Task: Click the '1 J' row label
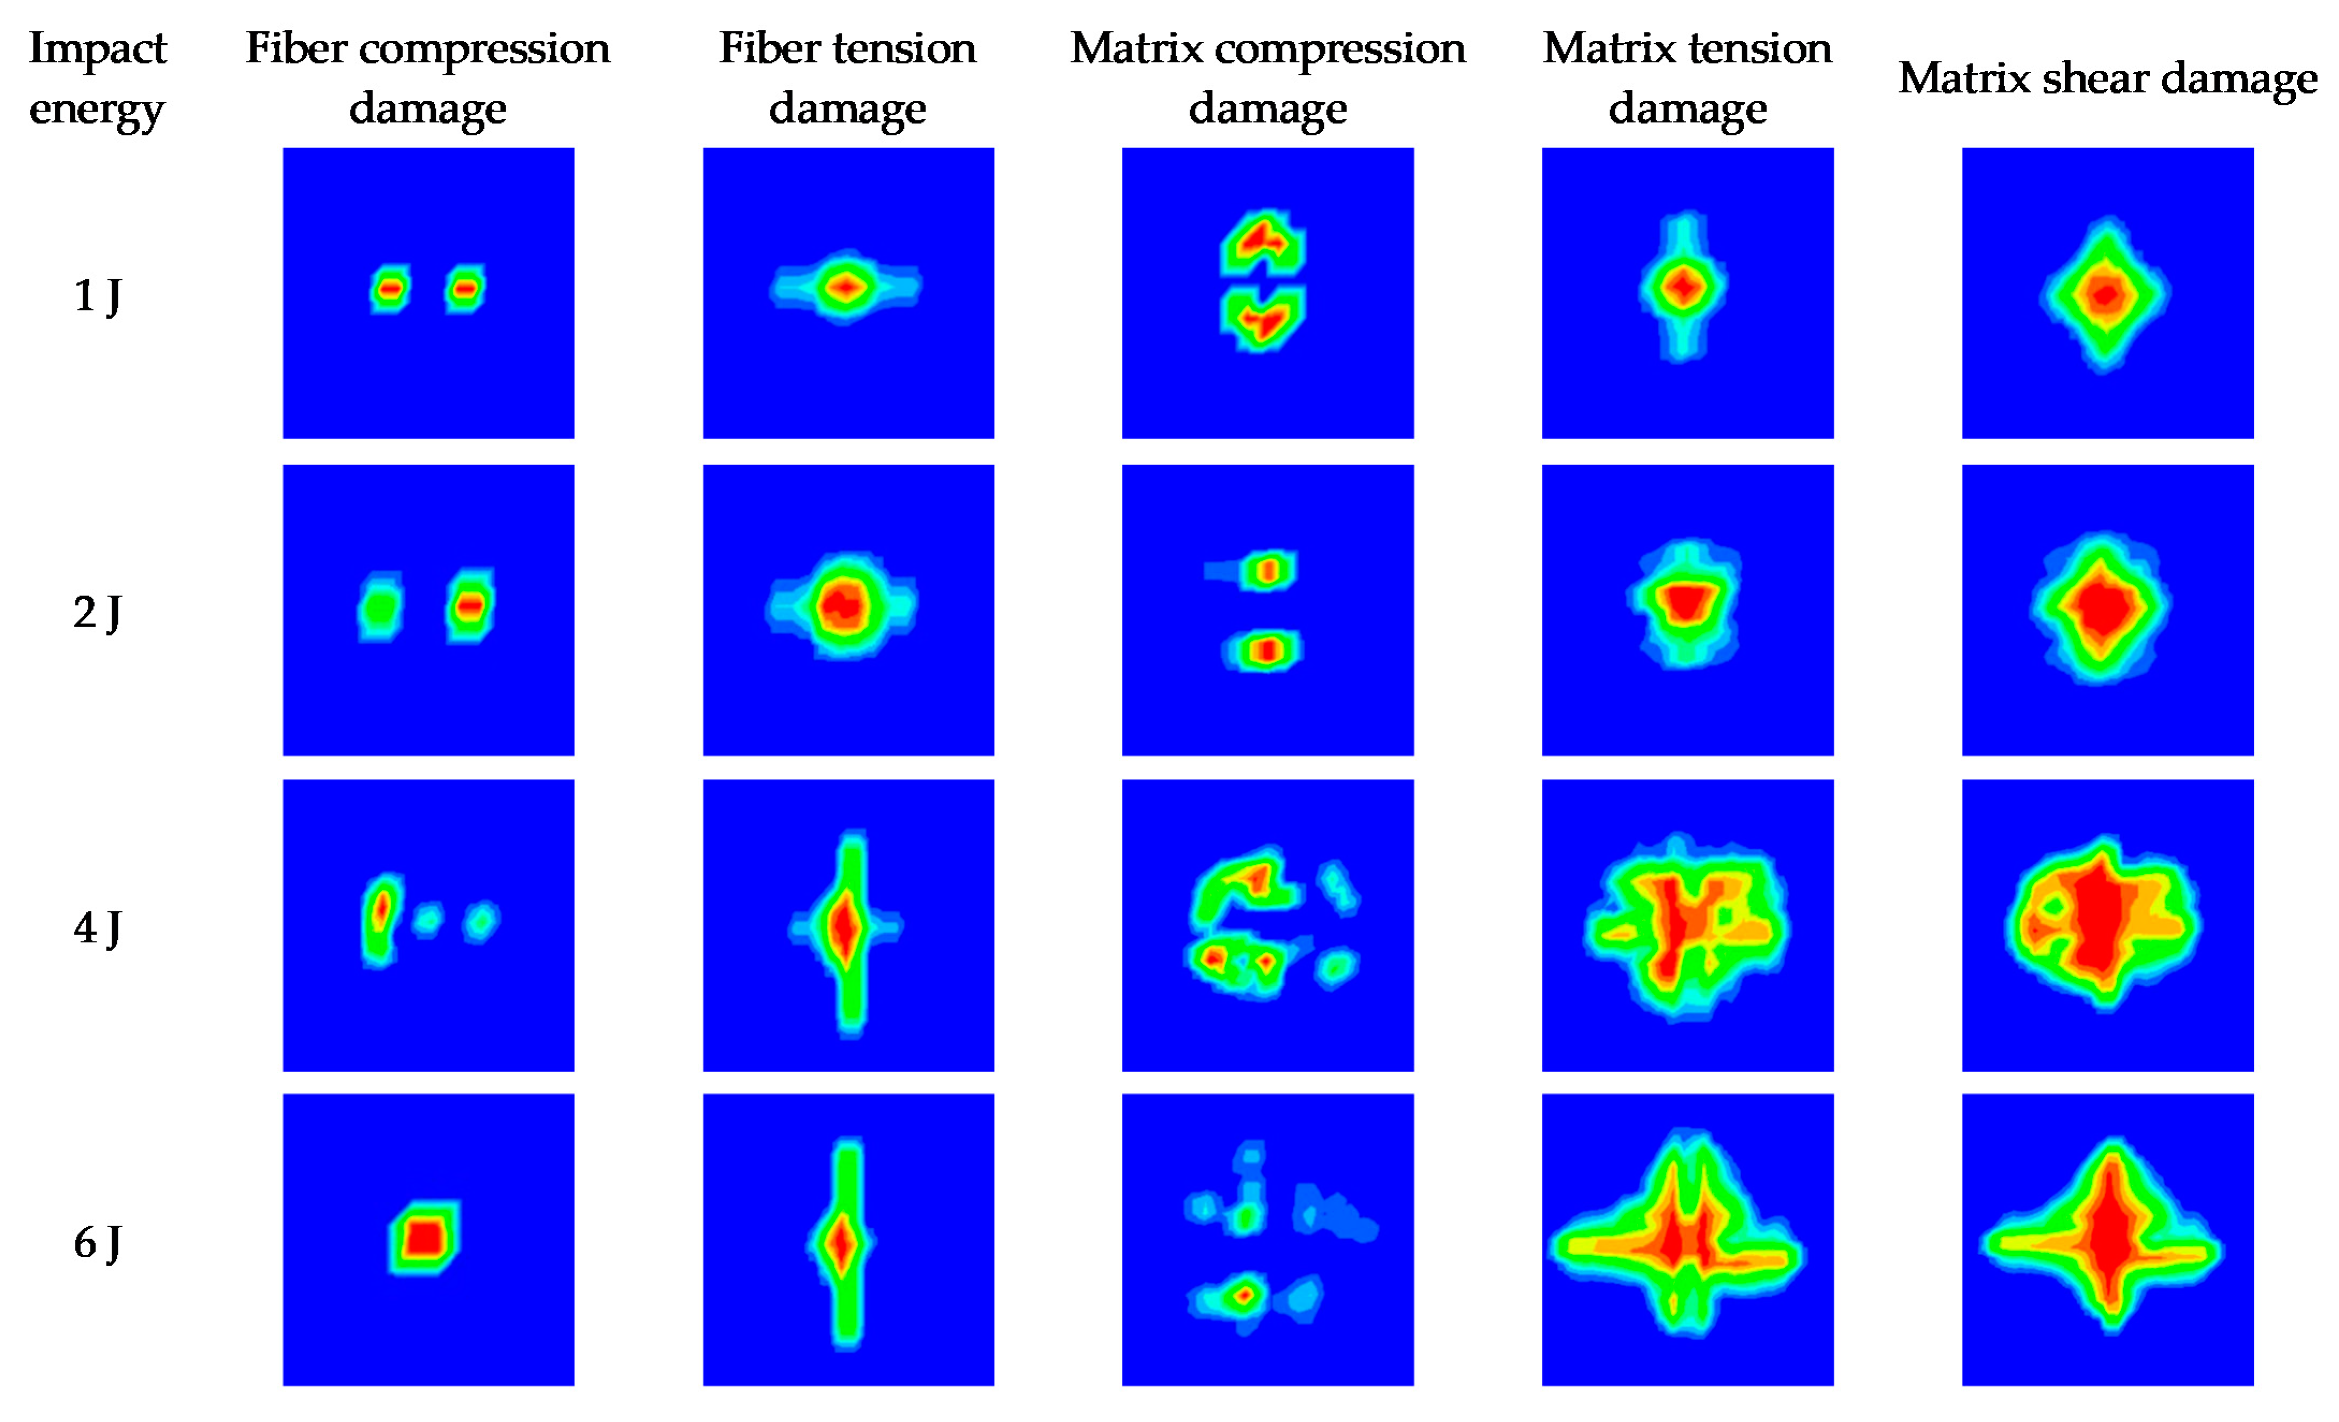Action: click(x=97, y=295)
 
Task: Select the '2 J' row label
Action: click(x=97, y=612)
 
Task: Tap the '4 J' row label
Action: click(x=97, y=927)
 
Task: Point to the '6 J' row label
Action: click(x=97, y=1243)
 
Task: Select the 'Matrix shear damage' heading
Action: click(x=2107, y=78)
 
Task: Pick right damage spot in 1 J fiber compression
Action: click(x=464, y=288)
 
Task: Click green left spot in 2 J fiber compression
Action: click(x=380, y=607)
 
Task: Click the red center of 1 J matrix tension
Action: click(x=1682, y=287)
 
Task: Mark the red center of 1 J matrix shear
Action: click(x=2104, y=295)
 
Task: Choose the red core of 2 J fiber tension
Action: click(x=842, y=605)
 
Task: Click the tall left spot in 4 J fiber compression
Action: click(x=381, y=913)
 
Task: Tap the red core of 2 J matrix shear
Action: click(x=2101, y=607)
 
